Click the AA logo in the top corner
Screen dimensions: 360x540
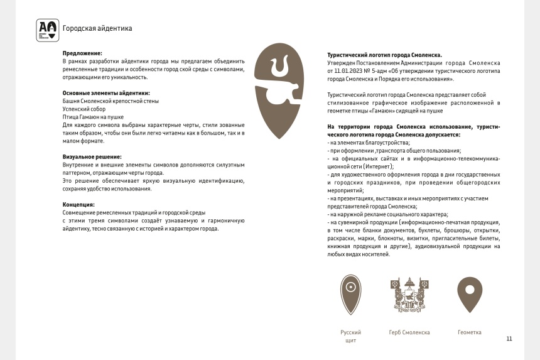48,29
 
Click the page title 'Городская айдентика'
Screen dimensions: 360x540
97,29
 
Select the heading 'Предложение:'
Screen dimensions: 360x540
82,53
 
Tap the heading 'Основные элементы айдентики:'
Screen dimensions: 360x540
105,93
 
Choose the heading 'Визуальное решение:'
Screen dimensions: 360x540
92,156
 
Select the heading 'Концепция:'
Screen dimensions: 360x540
78,205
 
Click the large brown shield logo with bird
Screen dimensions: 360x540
280,89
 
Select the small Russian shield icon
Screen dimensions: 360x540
350,294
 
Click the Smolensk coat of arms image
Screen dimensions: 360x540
409,293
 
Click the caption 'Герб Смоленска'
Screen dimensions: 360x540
409,332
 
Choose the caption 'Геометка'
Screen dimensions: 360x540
469,332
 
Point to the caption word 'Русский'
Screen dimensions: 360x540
350,332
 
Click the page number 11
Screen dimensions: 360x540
509,339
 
